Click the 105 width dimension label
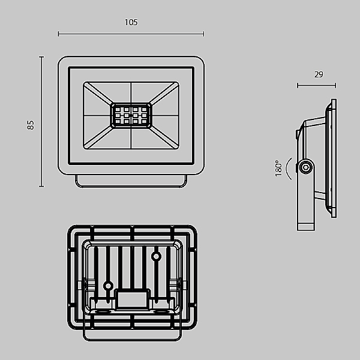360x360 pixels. [131, 22]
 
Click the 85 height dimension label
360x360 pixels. [31, 125]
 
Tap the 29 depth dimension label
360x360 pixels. [319, 74]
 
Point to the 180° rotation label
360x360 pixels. [278, 168]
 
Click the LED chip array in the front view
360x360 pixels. [131, 115]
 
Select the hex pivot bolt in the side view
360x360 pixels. [306, 167]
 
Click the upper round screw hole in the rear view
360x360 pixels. [156, 256]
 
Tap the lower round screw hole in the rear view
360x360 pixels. [108, 286]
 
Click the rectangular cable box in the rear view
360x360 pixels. [132, 299]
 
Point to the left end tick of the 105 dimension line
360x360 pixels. [59, 34]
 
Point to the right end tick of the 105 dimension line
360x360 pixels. [203, 34]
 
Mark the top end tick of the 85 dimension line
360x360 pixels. [41, 57]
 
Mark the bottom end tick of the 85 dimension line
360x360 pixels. [41, 186]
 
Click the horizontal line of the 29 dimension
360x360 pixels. [317, 86]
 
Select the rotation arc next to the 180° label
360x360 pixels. [287, 168]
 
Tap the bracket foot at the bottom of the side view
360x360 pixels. [306, 226]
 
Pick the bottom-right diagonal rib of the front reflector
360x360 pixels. [164, 138]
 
